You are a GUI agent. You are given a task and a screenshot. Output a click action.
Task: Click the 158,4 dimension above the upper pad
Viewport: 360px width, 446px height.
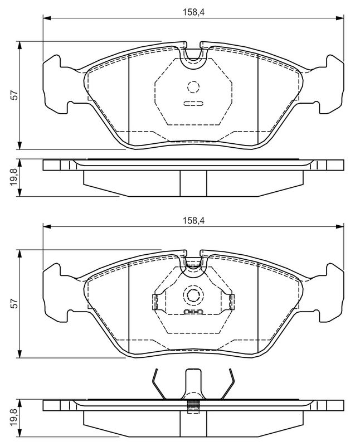coord(193,12)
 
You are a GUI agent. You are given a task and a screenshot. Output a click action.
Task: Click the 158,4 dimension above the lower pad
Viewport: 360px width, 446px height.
coord(193,220)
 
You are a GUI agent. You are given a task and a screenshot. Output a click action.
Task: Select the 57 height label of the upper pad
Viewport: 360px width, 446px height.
coord(14,95)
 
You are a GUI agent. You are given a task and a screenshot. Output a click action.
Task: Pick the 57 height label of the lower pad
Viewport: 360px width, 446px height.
coord(14,303)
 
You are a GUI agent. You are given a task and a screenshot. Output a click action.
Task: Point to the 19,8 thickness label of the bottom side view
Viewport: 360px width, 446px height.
coord(14,418)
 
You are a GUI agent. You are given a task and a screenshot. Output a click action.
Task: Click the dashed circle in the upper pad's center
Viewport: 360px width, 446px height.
coord(193,87)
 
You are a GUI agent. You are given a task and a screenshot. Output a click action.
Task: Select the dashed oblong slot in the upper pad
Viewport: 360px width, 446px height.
coord(193,104)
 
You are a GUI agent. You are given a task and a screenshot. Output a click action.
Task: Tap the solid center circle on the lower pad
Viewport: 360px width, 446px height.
coord(193,295)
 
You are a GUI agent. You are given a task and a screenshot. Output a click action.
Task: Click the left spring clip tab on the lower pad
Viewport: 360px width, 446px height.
coord(155,302)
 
